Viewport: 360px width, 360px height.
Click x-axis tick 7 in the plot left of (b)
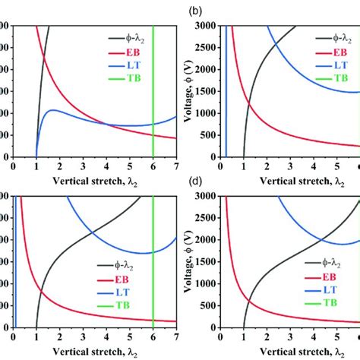click(176, 164)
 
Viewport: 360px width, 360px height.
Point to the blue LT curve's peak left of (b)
click(53, 110)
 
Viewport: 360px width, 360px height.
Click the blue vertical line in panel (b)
click(226, 91)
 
